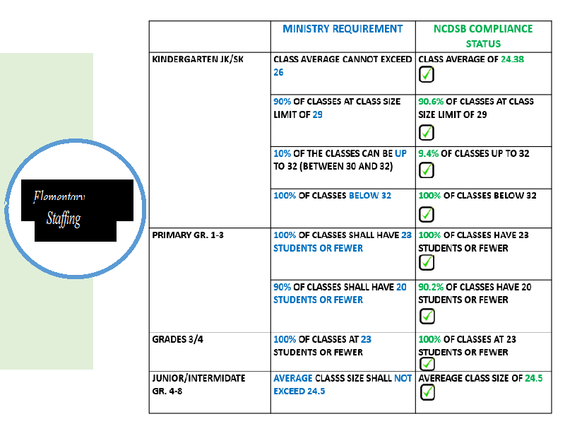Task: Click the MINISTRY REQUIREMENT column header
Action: [x=343, y=29]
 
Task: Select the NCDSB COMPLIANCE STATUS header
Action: [x=483, y=36]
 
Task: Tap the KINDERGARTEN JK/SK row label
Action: [x=198, y=59]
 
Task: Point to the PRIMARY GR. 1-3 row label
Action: [x=188, y=235]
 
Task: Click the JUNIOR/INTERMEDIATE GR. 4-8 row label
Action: [x=199, y=384]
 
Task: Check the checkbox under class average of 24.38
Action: [x=427, y=75]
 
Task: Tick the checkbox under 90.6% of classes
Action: [x=427, y=132]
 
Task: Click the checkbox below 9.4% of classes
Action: [x=427, y=170]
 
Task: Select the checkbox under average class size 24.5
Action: [x=427, y=392]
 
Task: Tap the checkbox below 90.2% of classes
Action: [x=427, y=316]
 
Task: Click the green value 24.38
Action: [x=513, y=60]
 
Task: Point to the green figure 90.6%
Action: [x=431, y=101]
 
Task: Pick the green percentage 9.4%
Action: [x=428, y=153]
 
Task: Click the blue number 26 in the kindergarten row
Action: [x=279, y=72]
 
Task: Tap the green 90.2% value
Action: [x=431, y=287]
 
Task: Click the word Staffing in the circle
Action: [x=64, y=218]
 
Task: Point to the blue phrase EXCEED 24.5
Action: [x=299, y=391]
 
